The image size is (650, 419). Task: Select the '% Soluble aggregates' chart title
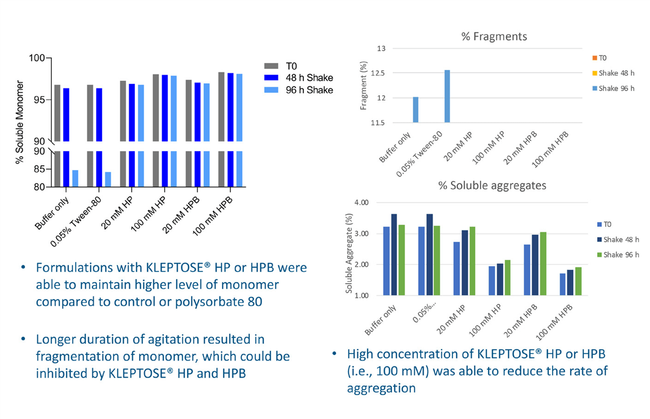pyautogui.click(x=492, y=186)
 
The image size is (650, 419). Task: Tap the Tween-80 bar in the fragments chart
pyautogui.click(x=447, y=96)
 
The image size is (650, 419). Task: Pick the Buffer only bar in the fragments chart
pyautogui.click(x=415, y=110)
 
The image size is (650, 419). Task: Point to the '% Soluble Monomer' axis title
pyautogui.click(x=20, y=122)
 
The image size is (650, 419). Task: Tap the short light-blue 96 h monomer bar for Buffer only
pyautogui.click(x=75, y=179)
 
